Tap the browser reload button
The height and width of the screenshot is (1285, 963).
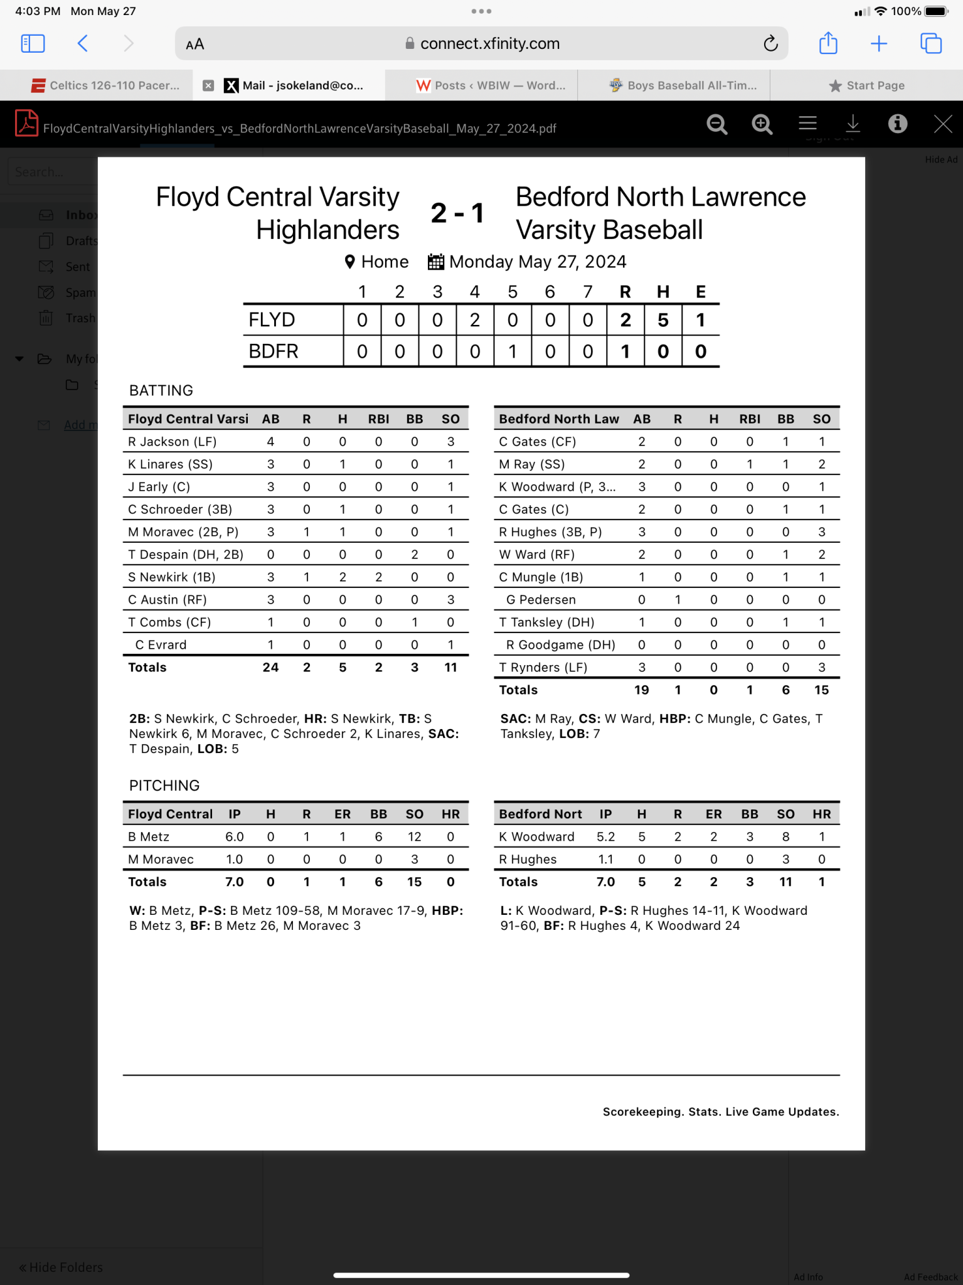(x=770, y=43)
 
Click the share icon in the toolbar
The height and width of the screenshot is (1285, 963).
(x=828, y=43)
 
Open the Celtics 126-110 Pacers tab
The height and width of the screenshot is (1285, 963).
(x=107, y=85)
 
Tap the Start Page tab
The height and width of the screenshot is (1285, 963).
(x=867, y=85)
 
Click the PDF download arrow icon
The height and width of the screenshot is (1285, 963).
(x=853, y=124)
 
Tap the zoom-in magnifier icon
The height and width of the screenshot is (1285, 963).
(x=762, y=124)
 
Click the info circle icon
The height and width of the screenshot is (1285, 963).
(x=898, y=124)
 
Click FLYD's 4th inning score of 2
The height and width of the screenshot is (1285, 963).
(x=475, y=320)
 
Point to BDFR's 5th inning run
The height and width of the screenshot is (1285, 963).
(x=513, y=351)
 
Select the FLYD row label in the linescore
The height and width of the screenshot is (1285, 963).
(x=272, y=320)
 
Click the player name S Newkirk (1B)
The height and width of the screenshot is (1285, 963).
(x=172, y=577)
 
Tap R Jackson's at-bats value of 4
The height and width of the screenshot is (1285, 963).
(x=270, y=442)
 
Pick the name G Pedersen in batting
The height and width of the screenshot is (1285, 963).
(x=541, y=600)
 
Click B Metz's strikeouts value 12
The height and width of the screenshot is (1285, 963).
(x=414, y=837)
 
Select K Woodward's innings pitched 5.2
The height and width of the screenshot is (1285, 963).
(x=605, y=837)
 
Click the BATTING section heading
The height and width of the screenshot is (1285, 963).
(x=161, y=390)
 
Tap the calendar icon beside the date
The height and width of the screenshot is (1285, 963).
(x=435, y=262)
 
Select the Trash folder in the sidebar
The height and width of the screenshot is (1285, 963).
(x=80, y=318)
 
